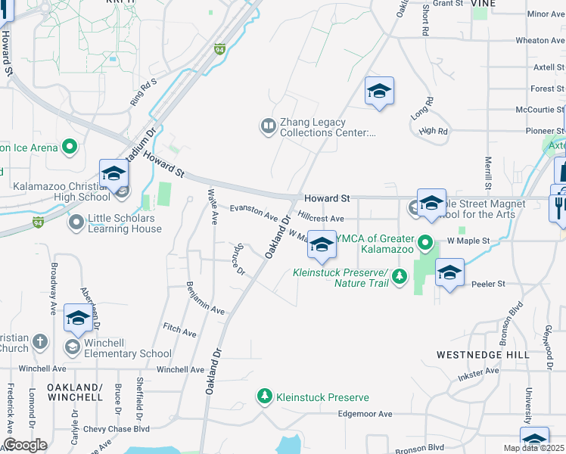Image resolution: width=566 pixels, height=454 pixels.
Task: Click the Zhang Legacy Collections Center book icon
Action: [267, 126]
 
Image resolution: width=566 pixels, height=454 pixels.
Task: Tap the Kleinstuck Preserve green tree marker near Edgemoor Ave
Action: [264, 396]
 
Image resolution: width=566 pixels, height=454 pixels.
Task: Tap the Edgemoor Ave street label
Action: [365, 414]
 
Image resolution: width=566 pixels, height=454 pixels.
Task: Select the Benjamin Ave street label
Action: [204, 299]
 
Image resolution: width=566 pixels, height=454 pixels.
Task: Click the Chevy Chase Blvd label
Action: [117, 429]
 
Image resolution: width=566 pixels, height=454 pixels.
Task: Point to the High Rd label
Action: [433, 131]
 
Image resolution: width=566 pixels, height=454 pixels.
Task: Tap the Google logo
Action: [24, 445]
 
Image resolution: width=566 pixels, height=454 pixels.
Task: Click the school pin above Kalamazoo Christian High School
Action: [114, 173]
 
